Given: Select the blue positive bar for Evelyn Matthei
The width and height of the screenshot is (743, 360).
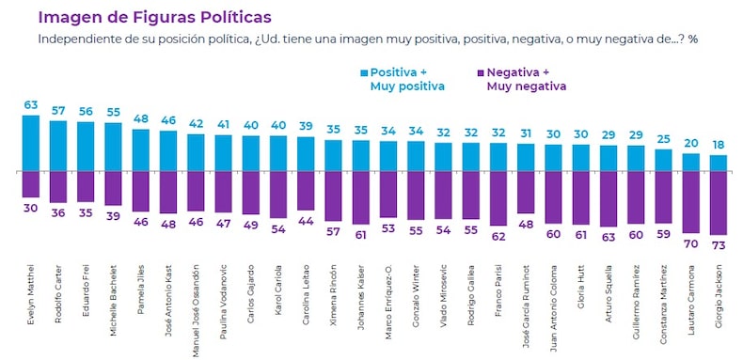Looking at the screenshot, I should tap(31, 143).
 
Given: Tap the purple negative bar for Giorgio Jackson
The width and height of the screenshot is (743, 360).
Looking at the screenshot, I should tap(718, 203).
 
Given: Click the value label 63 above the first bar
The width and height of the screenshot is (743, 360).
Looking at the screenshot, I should tap(31, 105).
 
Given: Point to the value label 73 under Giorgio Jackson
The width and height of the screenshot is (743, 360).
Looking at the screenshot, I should tap(718, 245).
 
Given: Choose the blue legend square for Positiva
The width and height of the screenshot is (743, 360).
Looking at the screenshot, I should tap(364, 72).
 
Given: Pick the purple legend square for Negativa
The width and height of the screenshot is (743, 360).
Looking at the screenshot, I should tap(480, 72).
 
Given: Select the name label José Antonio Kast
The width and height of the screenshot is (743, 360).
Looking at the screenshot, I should tap(169, 298).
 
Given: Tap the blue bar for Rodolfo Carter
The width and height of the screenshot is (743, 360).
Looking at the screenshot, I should tap(58, 147).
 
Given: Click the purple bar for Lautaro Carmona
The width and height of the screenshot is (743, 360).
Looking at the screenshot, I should tap(690, 202).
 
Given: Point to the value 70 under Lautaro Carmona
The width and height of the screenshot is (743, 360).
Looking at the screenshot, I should tap(690, 243).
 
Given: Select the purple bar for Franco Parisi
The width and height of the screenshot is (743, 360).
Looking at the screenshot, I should tap(498, 198).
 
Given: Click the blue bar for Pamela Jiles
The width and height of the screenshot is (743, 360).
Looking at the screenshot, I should tap(141, 150).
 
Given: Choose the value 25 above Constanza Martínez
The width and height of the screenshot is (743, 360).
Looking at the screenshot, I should tap(663, 139).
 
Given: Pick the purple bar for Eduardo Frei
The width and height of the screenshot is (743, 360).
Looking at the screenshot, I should tap(86, 186).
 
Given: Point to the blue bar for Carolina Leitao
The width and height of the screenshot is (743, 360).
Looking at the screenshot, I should tap(306, 154).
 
